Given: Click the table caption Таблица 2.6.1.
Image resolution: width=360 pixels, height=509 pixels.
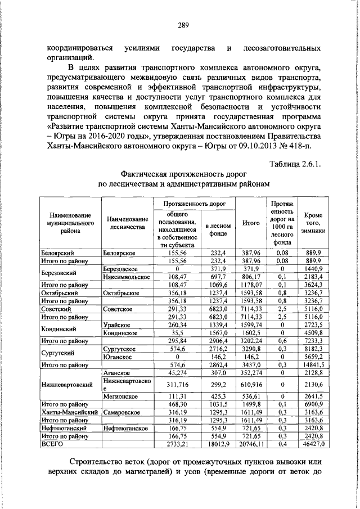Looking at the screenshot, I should [295, 164].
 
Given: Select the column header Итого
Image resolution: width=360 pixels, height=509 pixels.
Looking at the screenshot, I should [251, 223].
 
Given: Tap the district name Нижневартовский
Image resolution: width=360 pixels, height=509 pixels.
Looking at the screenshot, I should [66, 385].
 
